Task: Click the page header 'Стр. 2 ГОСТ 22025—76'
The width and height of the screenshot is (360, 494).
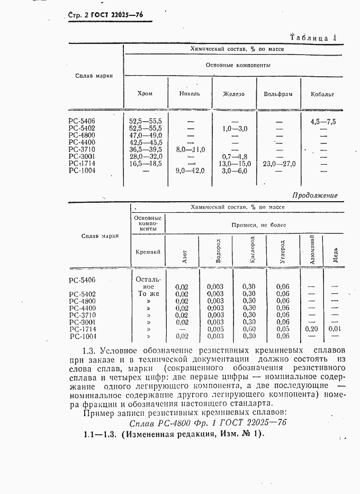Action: (x=106, y=15)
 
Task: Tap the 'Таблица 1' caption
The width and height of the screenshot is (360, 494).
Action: (x=314, y=38)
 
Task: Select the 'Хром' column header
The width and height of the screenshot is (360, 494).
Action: (x=145, y=94)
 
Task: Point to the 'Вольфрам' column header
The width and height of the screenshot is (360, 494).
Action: (x=278, y=94)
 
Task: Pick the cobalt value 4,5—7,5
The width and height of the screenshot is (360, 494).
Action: (x=323, y=121)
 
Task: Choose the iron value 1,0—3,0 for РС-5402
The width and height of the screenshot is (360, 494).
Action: (x=234, y=129)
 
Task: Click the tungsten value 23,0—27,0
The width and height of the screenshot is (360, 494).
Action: (x=278, y=164)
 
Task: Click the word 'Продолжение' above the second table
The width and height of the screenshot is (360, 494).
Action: (x=314, y=195)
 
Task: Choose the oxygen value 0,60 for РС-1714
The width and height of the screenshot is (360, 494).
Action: (x=248, y=329)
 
